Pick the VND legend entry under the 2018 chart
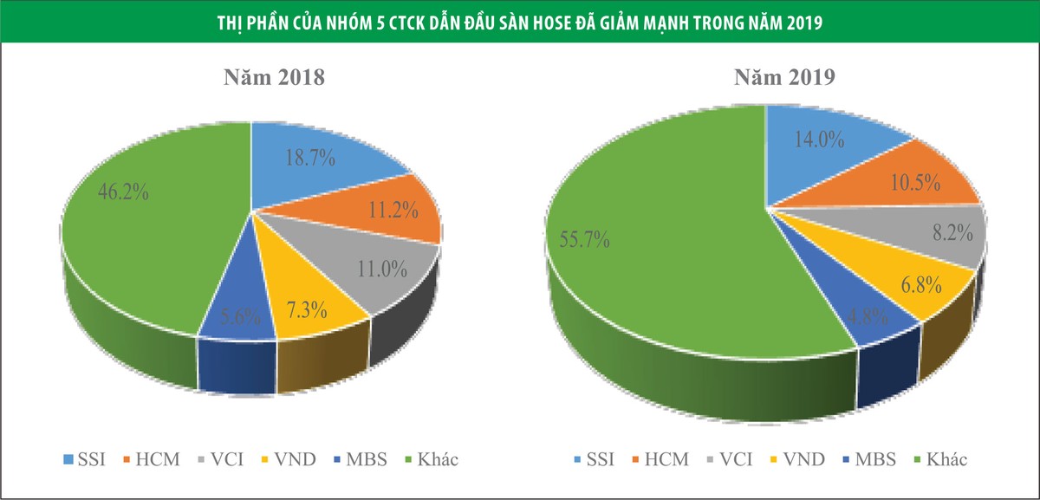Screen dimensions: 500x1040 pyautogui.click(x=283, y=459)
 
